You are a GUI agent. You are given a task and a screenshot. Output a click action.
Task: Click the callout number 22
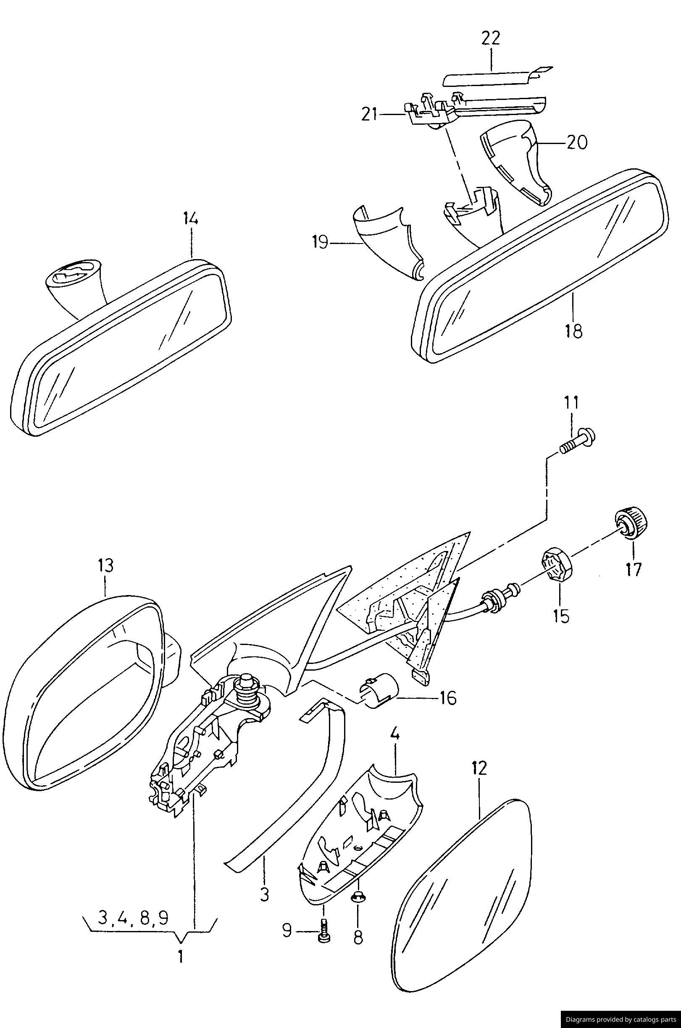point(491,38)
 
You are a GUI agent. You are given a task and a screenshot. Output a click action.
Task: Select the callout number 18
point(573,332)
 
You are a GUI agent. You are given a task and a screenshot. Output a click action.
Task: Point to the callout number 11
point(571,402)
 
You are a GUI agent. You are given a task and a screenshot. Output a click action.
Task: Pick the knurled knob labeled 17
point(631,524)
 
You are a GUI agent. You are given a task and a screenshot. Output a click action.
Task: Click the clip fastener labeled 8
point(357,894)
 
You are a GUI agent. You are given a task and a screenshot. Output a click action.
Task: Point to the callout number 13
point(105,566)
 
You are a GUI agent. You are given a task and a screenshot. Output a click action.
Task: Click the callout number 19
point(320,242)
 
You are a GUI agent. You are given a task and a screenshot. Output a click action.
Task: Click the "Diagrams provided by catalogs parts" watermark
point(620,1019)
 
